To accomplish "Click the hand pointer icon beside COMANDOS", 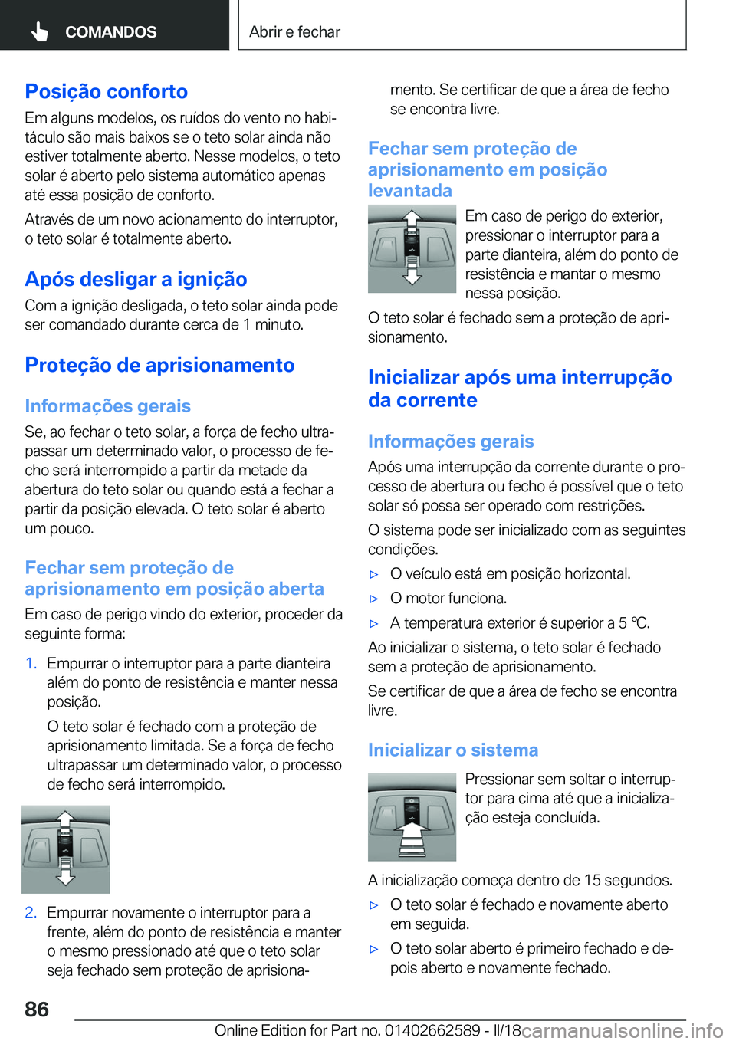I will (40, 31).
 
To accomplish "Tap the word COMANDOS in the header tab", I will (110, 32).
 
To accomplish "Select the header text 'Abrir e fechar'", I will (294, 32).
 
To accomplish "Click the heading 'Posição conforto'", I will (106, 91).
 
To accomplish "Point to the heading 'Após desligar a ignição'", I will (136, 279).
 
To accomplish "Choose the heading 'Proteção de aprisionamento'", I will (159, 365).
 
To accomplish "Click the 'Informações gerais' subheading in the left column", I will (107, 406).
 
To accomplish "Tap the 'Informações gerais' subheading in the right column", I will (451, 442).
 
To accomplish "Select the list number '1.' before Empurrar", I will (31, 664).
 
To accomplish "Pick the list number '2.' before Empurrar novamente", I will (31, 913).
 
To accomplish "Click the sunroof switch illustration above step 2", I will (66, 849).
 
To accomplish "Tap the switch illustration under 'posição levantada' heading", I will (412, 248).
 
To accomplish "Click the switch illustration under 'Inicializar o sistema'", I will (412, 816).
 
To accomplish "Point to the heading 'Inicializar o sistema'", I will (453, 750).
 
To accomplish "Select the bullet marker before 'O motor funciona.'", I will (374, 599).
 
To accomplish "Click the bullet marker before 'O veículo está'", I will (374, 574).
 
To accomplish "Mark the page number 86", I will (37, 1009).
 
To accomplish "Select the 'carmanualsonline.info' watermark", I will (623, 1031).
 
